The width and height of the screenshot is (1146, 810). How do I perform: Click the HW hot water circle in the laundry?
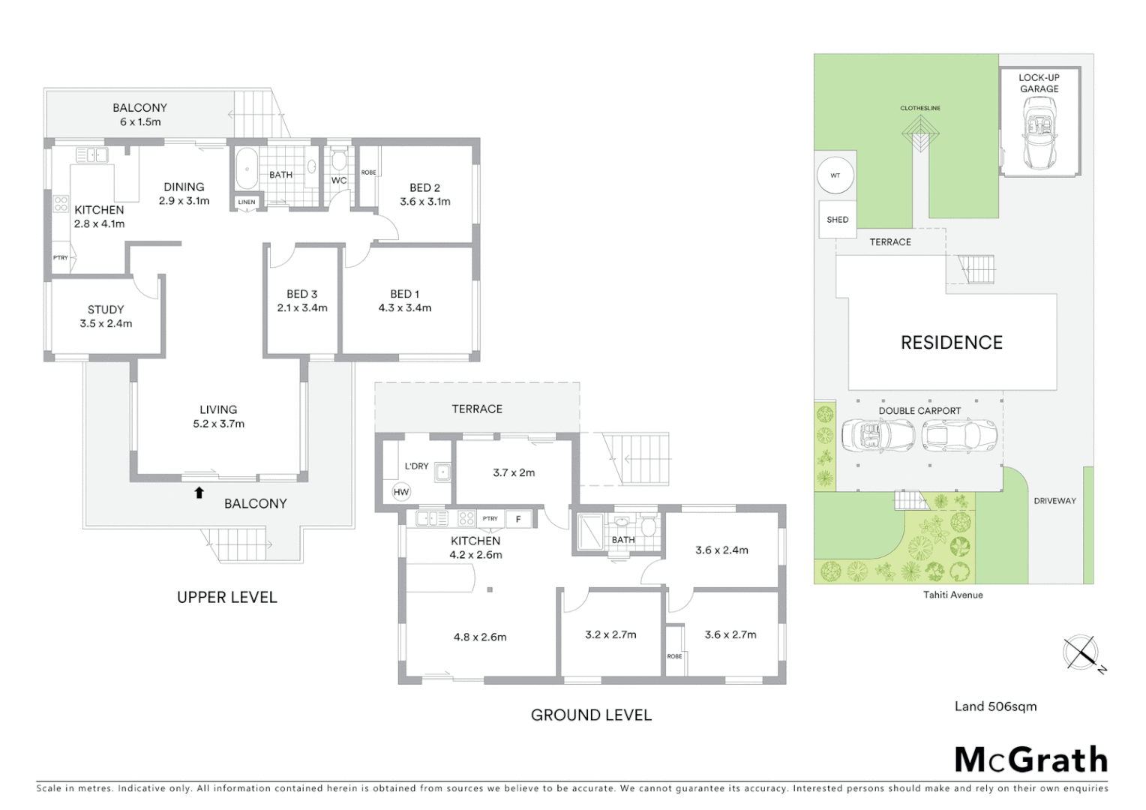401,492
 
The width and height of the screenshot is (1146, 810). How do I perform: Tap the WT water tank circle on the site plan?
835,175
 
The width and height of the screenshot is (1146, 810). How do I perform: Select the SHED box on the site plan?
837,220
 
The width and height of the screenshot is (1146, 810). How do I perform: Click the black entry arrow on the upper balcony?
199,493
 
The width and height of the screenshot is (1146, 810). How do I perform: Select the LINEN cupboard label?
247,202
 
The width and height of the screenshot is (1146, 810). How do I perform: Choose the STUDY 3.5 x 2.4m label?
106,316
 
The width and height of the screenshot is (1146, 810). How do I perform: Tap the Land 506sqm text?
995,706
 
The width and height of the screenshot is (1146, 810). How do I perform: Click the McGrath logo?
1030,760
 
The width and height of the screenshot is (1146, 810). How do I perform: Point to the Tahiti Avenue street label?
952,595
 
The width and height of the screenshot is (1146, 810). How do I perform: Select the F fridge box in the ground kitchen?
517,518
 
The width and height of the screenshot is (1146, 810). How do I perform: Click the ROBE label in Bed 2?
368,172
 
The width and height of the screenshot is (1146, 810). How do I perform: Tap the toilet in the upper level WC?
338,160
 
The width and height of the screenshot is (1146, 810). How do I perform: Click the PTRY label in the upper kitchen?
61,258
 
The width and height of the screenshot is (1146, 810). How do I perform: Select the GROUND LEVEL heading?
591,715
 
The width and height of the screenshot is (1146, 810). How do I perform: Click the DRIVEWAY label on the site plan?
1054,501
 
